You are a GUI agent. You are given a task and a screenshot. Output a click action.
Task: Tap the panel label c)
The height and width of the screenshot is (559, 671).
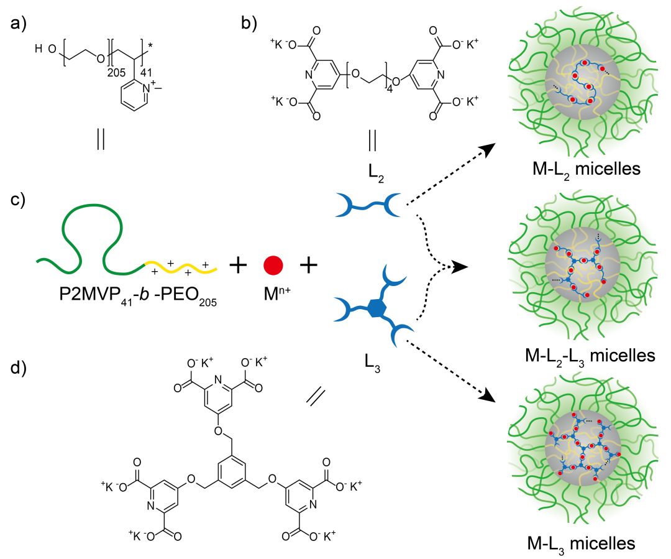[x=19, y=202]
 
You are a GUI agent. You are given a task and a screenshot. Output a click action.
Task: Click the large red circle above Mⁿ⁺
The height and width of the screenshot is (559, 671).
[x=273, y=264]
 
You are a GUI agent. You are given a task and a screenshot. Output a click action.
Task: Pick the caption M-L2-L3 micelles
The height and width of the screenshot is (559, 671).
[x=590, y=356]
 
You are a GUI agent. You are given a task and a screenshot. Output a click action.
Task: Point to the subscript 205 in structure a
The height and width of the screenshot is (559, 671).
[x=116, y=72]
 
